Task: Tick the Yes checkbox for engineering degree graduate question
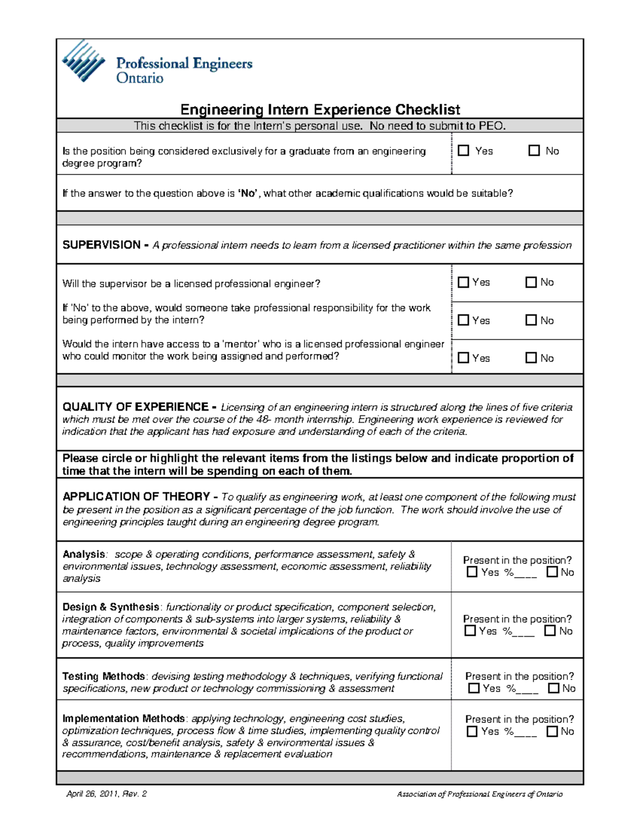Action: [463, 151]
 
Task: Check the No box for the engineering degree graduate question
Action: [534, 151]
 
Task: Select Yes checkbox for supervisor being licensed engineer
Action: [463, 282]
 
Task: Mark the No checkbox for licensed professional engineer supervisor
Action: [531, 282]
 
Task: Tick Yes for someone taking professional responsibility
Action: [463, 320]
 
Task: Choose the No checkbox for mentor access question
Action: [531, 358]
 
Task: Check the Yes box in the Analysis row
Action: [472, 572]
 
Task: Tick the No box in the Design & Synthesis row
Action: [550, 631]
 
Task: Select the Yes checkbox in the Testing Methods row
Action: [474, 689]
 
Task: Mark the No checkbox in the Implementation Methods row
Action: [552, 731]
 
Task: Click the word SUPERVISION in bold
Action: [101, 245]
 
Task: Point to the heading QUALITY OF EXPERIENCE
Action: [135, 407]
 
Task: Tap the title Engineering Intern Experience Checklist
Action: [320, 110]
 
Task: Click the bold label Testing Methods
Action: [103, 676]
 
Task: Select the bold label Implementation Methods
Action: [123, 719]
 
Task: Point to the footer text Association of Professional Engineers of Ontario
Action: [479, 794]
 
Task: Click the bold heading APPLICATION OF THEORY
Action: [136, 497]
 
